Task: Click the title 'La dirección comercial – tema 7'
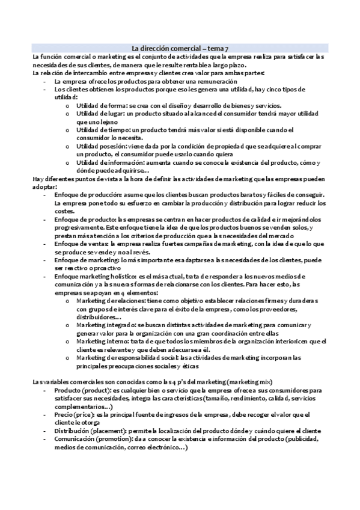(x=180, y=48)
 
